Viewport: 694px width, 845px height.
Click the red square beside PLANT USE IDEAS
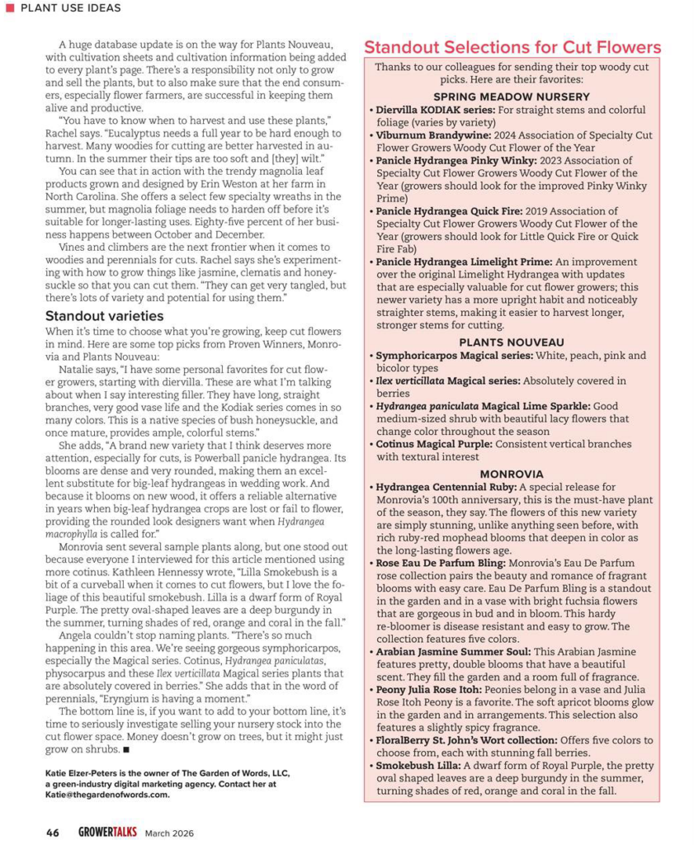click(x=10, y=8)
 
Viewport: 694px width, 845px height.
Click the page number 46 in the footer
click(x=52, y=832)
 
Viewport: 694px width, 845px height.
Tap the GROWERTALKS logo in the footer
click(x=103, y=832)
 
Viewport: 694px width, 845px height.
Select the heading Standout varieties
click(x=104, y=316)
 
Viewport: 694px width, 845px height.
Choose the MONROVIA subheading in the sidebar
click(x=512, y=474)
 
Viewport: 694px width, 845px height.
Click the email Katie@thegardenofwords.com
click(x=107, y=795)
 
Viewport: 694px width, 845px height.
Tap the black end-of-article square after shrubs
click(x=126, y=750)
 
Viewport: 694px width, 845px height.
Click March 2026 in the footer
click(x=169, y=833)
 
